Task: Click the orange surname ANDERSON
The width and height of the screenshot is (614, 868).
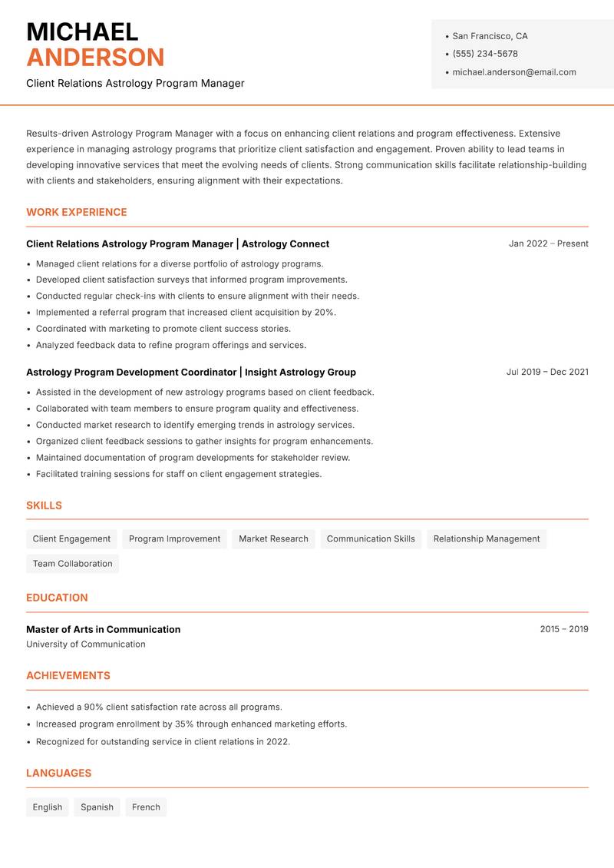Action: [95, 58]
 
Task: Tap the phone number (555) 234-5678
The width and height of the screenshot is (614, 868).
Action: [485, 54]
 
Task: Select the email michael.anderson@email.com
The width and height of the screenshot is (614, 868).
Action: [514, 72]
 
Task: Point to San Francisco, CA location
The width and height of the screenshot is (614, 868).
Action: [490, 36]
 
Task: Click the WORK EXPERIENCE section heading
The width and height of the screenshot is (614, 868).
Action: [77, 212]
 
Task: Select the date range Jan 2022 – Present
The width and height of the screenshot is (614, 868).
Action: [548, 244]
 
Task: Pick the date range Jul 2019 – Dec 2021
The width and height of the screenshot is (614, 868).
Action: [547, 372]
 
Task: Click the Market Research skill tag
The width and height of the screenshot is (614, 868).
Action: [273, 538]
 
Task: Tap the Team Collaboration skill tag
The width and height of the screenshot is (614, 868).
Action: [73, 563]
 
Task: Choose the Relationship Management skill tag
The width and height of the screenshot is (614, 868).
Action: [487, 538]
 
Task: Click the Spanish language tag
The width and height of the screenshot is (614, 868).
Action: [97, 807]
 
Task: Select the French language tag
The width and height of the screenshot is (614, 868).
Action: [146, 807]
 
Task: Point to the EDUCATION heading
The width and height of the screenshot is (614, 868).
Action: [57, 598]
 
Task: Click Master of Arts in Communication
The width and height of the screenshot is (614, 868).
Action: [104, 629]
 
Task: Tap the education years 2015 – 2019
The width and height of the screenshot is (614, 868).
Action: [563, 629]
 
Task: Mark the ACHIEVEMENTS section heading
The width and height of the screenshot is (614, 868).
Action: [68, 675]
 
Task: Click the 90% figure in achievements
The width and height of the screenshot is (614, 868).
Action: [94, 707]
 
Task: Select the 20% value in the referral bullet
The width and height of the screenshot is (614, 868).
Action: [324, 313]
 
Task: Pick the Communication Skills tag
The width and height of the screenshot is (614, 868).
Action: [371, 538]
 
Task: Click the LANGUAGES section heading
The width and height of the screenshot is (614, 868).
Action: [58, 773]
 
